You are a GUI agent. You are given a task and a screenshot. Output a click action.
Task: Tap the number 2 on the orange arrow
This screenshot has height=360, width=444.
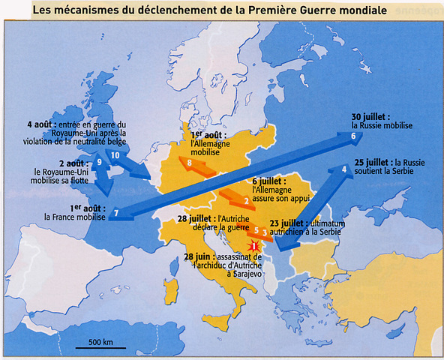pos(246,200)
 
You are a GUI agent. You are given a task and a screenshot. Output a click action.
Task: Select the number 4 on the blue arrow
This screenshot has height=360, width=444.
pos(343,169)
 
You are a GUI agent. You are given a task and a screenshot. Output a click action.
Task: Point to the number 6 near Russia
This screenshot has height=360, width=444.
pos(352,136)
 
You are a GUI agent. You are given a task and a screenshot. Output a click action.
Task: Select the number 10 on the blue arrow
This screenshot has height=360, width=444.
pos(115,154)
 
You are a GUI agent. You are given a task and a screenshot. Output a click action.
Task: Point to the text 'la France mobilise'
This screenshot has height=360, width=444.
pos(76,218)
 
